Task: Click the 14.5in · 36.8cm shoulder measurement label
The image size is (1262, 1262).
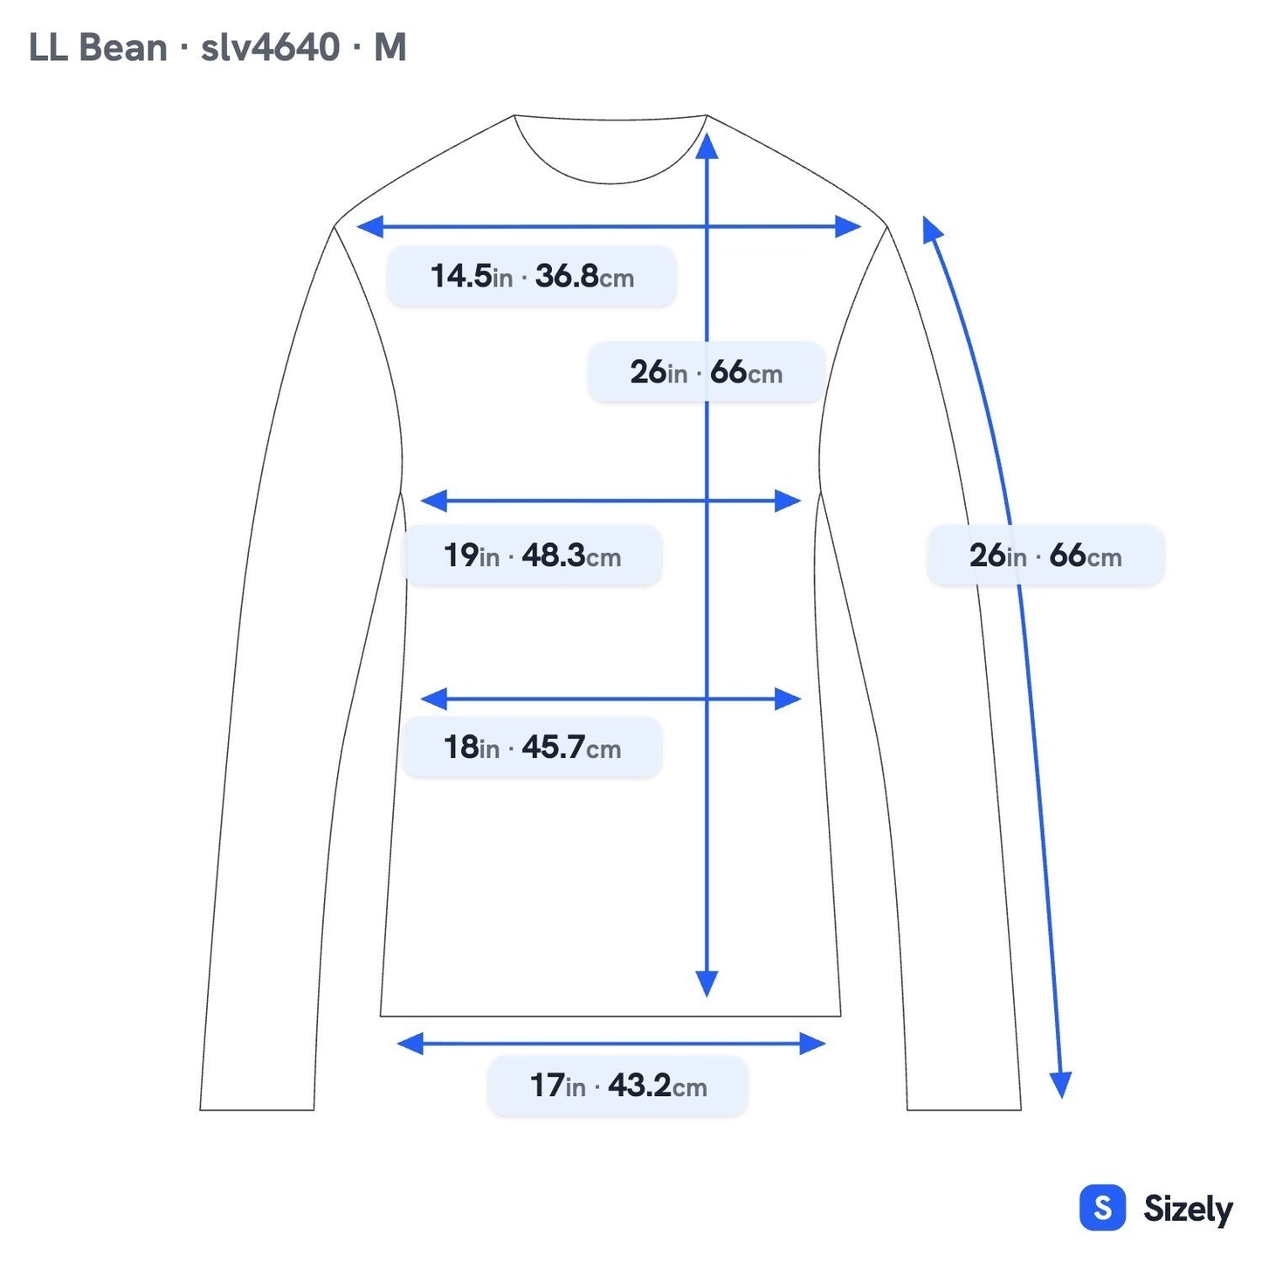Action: (531, 276)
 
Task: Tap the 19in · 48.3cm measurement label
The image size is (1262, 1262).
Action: (531, 555)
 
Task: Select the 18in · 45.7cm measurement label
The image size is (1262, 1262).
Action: (531, 747)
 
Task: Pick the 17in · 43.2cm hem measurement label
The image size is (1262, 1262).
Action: (617, 976)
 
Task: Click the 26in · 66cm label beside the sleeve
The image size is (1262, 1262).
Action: (1045, 555)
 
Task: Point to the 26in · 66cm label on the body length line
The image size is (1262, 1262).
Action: (706, 371)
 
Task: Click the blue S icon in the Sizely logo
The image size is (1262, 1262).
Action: (1103, 1207)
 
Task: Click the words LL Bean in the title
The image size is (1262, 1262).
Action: (98, 48)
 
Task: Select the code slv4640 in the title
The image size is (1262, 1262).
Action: (270, 48)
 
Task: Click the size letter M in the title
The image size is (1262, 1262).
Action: (390, 48)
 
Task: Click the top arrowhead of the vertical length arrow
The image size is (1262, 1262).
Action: (707, 145)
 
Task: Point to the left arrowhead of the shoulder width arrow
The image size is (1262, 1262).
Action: (370, 226)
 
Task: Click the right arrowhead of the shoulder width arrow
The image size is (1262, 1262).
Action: (847, 226)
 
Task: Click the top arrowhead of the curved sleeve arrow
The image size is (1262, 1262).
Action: (931, 229)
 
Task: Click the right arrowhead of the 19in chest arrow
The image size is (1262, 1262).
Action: (787, 500)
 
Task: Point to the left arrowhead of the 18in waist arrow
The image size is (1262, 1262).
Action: (433, 699)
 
